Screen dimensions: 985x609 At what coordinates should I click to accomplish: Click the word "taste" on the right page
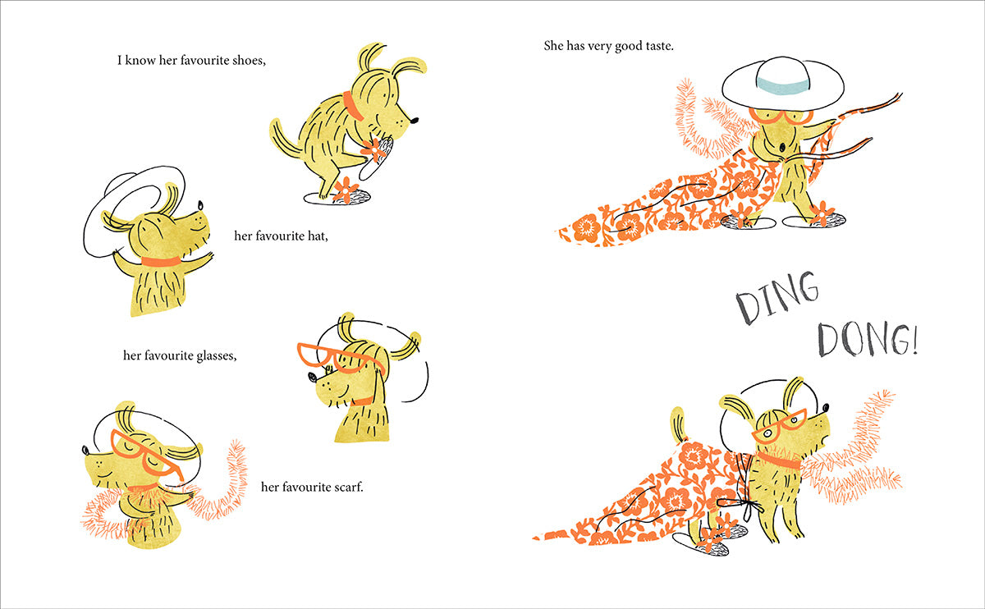(657, 46)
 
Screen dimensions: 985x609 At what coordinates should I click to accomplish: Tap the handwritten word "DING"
(777, 298)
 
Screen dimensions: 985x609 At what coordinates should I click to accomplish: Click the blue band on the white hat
(783, 85)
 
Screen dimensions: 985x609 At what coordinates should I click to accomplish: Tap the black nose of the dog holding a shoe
(414, 120)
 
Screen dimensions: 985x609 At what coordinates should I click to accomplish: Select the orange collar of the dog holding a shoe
(353, 106)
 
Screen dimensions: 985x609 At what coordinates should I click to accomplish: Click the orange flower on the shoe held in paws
(373, 150)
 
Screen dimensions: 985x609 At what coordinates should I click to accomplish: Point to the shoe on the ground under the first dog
(337, 196)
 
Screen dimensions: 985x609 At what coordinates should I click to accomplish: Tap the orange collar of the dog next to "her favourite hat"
(161, 262)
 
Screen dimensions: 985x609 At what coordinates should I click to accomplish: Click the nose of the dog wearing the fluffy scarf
(85, 450)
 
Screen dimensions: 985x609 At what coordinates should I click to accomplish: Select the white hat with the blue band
(783, 84)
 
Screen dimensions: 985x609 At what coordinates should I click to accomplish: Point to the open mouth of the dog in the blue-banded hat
(781, 147)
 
